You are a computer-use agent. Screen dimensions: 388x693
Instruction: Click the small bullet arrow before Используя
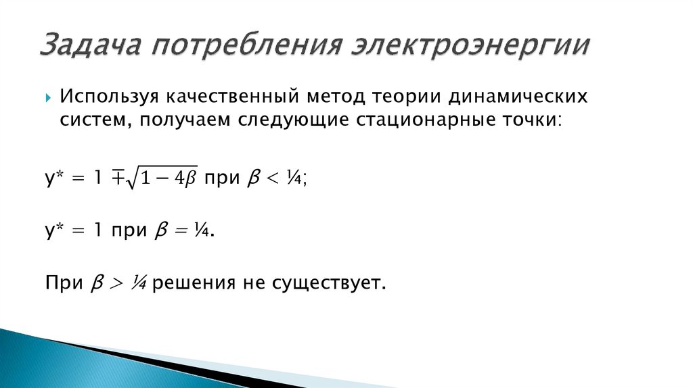49,97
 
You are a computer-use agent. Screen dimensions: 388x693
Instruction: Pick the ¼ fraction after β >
139,283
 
